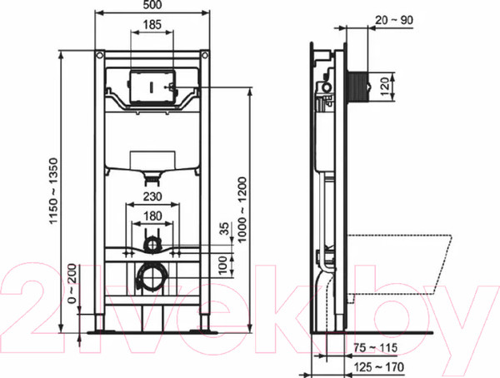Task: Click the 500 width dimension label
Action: [x=152, y=5]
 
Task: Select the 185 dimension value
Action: [x=152, y=24]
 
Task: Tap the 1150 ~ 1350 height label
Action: [x=53, y=191]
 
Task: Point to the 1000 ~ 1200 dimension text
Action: [x=242, y=210]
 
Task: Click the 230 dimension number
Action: [x=152, y=196]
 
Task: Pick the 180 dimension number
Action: [x=152, y=216]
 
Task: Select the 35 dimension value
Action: [x=225, y=229]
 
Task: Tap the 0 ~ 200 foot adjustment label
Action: [x=72, y=284]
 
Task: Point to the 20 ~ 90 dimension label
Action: [x=394, y=20]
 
